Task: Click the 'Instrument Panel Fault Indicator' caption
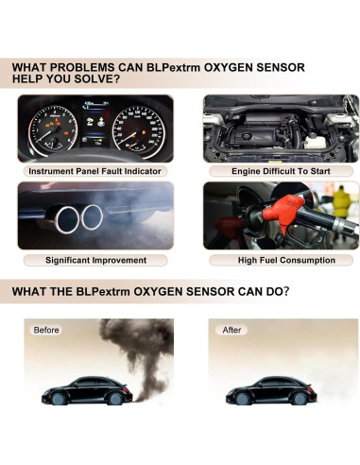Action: tap(95, 172)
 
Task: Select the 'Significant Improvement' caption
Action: tap(95, 260)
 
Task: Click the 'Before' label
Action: tap(46, 330)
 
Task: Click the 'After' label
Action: tap(232, 330)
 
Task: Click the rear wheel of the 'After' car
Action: tap(299, 401)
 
